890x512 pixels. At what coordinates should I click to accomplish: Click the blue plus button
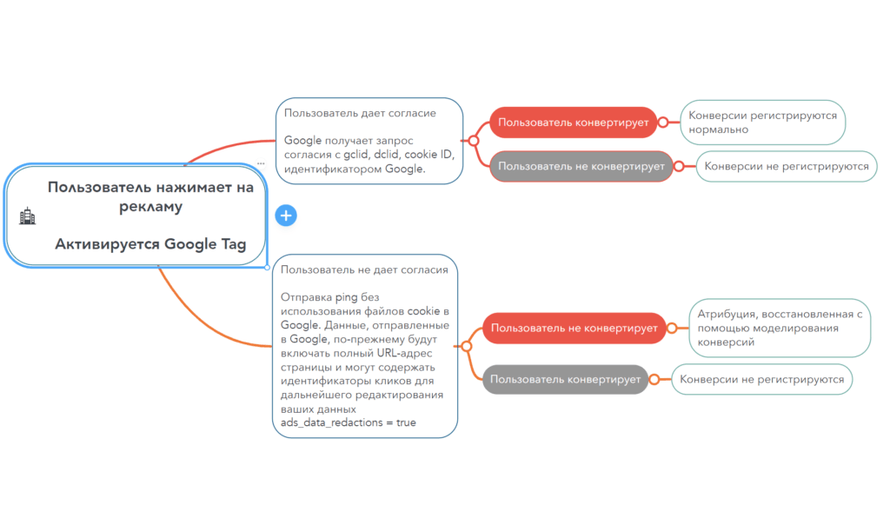point(286,216)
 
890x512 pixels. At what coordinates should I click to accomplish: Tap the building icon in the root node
point(27,216)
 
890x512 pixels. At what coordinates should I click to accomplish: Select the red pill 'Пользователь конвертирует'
point(574,123)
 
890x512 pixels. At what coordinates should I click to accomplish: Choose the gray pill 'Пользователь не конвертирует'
point(581,166)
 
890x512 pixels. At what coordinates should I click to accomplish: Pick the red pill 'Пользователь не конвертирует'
point(574,328)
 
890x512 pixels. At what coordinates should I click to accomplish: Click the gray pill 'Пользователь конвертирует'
point(565,379)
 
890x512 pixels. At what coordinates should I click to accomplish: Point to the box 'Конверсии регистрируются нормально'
point(763,123)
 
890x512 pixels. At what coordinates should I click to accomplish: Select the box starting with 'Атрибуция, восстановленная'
point(780,328)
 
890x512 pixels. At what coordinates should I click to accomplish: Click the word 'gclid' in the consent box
point(355,155)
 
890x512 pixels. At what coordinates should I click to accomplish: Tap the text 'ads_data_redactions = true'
point(348,422)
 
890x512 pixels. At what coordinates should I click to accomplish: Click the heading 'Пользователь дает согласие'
point(360,113)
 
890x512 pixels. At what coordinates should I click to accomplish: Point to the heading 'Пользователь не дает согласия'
point(364,269)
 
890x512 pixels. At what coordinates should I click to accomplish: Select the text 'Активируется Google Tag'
point(150,244)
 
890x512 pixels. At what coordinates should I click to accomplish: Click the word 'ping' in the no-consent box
point(346,297)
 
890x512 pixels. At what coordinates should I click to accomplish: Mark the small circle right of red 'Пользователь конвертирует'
point(662,123)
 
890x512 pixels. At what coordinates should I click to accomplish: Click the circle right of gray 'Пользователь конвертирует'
point(654,379)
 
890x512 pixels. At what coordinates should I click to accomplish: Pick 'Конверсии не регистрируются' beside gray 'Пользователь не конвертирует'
point(787,166)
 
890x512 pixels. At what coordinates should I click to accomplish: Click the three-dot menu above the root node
point(261,163)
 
